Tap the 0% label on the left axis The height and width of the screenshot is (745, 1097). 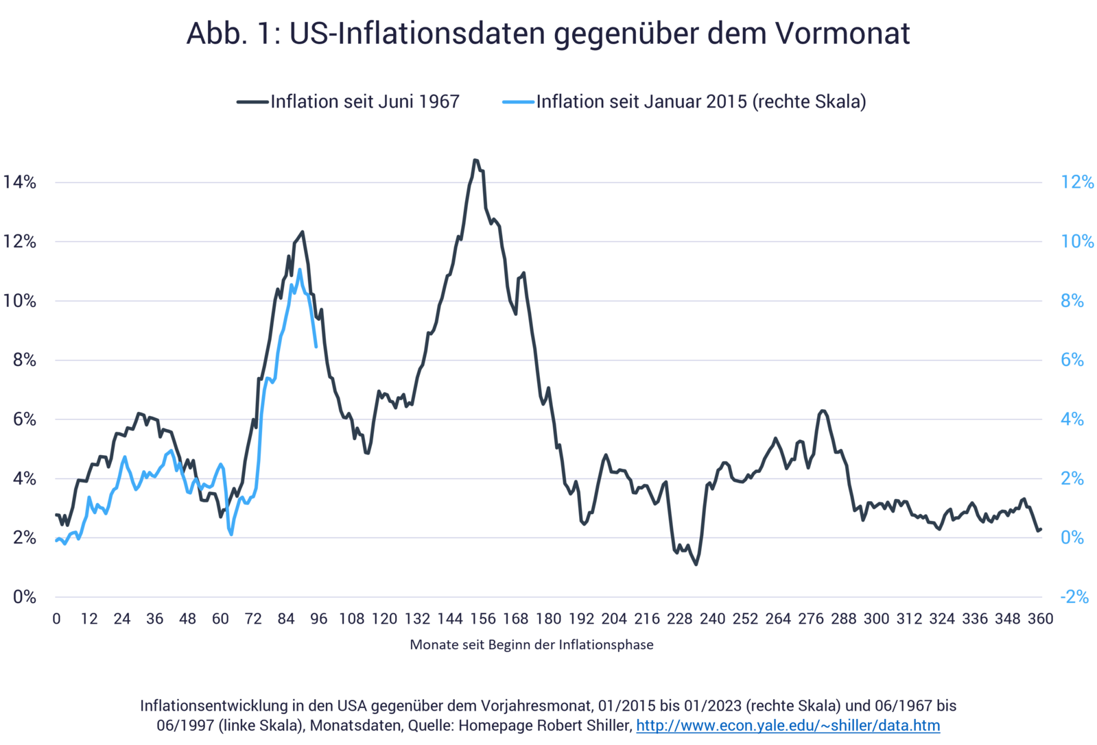pos(24,597)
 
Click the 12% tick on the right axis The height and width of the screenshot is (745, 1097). pos(1077,182)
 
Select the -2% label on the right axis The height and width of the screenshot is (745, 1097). pos(1074,597)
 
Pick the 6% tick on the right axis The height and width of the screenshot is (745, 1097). pos(1072,360)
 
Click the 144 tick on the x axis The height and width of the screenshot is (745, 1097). pos(450,619)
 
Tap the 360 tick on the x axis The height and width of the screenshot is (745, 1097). pos(1040,619)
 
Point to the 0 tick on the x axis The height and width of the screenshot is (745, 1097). pos(56,619)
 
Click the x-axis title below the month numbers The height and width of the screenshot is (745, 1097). pos(532,645)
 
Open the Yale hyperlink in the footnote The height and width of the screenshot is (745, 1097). pos(788,726)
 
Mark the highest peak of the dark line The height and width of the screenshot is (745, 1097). pos(475,160)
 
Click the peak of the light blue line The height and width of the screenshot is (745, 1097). pos(299,269)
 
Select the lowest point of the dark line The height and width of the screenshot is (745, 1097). pos(696,565)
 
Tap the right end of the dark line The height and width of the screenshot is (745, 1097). pos(1040,530)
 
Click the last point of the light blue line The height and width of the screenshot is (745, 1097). pos(316,347)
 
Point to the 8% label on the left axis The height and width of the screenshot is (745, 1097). pos(24,360)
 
